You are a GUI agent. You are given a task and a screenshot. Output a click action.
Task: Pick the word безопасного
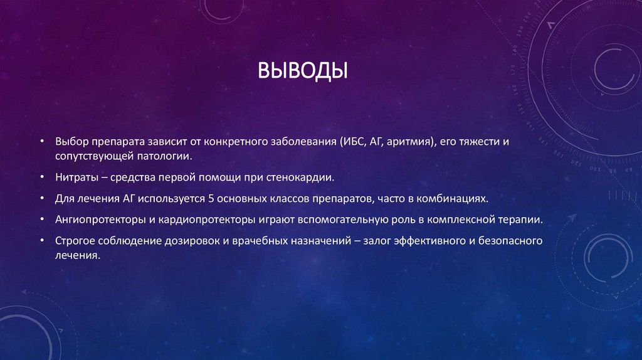508,241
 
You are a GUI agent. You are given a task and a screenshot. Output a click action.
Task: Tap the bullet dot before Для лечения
42,199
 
